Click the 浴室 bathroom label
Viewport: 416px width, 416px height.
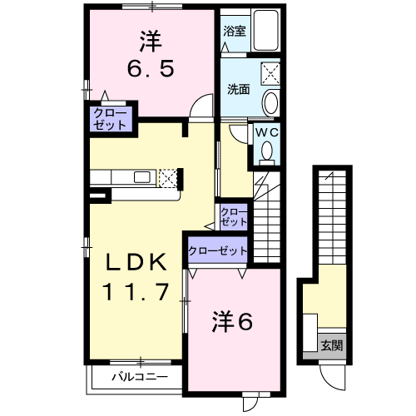click(235, 31)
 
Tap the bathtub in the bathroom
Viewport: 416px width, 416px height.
click(265, 31)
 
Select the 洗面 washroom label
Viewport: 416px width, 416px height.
click(238, 89)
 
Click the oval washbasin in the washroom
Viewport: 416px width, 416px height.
click(270, 102)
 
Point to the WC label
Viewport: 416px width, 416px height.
click(266, 133)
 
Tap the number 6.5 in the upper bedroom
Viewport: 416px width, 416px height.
click(151, 68)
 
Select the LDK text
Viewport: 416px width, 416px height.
click(136, 262)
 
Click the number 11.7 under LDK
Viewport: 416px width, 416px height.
click(136, 292)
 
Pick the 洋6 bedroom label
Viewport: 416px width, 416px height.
click(232, 322)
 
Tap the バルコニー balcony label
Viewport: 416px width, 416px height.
click(140, 377)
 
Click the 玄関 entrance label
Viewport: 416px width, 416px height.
click(332, 346)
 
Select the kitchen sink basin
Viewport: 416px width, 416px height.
click(141, 177)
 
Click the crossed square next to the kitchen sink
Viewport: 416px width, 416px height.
click(168, 178)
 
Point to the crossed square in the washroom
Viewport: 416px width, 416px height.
click(270, 73)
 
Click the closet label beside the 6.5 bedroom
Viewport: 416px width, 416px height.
click(110, 119)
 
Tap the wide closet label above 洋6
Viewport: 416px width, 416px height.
click(218, 251)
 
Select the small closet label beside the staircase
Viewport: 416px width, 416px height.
click(234, 217)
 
